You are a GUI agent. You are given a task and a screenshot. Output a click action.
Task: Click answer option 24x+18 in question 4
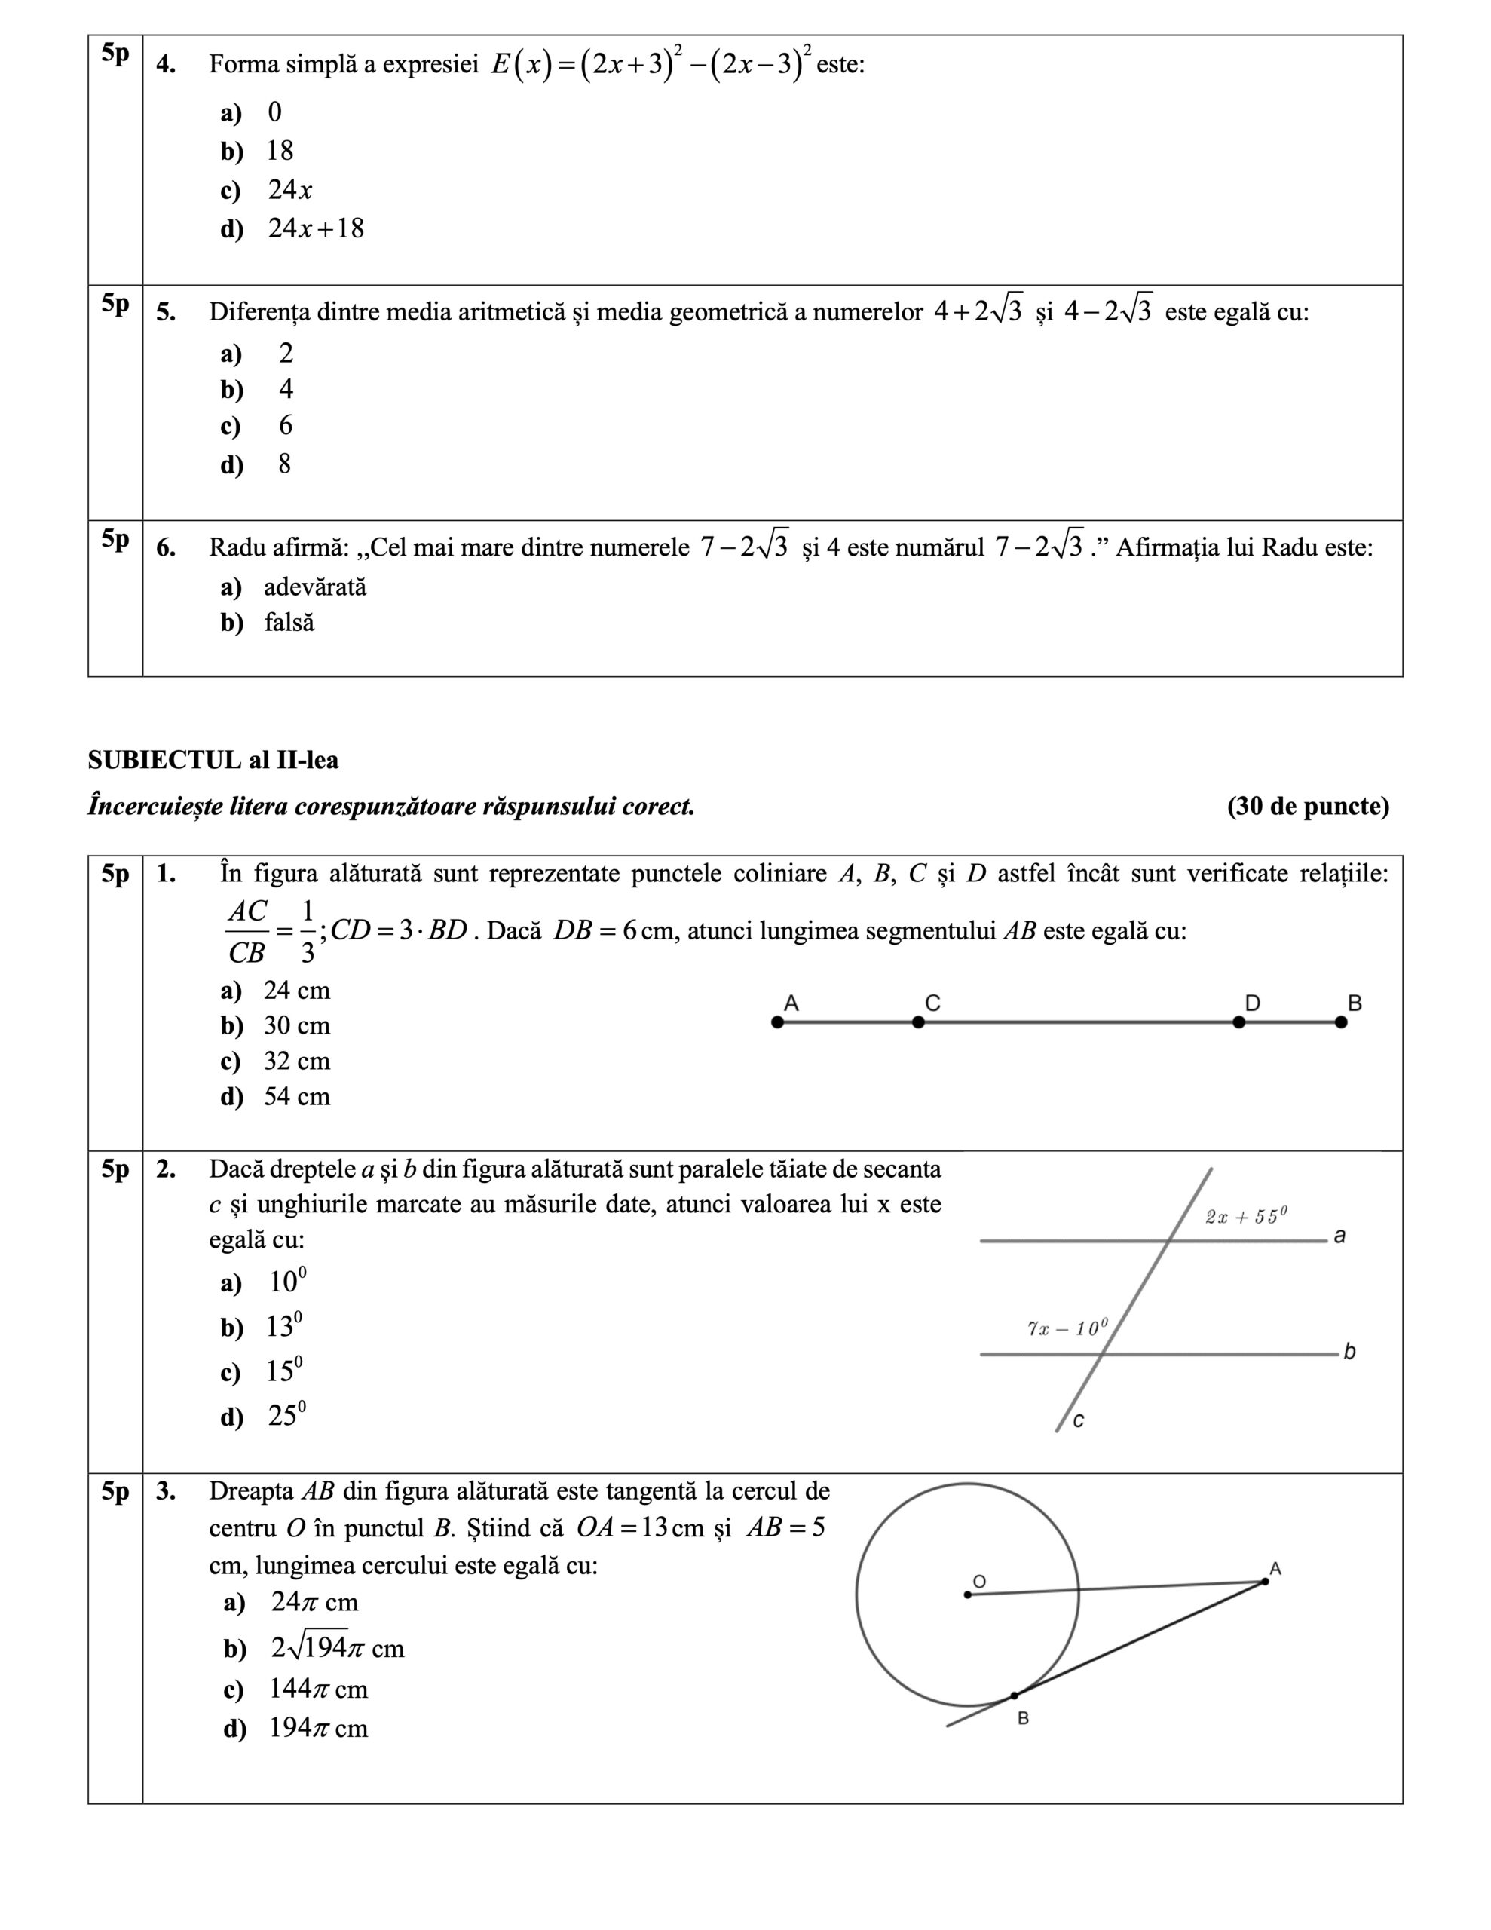[x=316, y=229]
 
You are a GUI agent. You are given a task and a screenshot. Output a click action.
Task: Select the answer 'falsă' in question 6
[x=288, y=623]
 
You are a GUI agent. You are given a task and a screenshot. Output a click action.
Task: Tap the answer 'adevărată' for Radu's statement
[x=314, y=587]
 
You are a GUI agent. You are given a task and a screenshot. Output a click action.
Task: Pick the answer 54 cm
[x=296, y=1097]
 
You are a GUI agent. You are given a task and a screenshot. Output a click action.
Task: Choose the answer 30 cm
[x=296, y=1026]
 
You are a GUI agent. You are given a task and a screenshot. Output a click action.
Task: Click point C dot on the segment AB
[x=918, y=1022]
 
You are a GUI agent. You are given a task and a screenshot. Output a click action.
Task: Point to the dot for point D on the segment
[x=1239, y=1022]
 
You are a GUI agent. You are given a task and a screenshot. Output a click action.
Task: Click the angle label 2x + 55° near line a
[x=1245, y=1217]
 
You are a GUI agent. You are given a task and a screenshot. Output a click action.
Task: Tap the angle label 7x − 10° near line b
[x=1067, y=1328]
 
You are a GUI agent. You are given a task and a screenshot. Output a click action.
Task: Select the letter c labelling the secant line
[x=1078, y=1421]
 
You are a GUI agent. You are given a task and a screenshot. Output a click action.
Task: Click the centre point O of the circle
[x=968, y=1595]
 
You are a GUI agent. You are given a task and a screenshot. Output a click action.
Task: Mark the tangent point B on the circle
[x=1015, y=1696]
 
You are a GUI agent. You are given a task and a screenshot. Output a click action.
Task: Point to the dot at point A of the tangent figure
[x=1265, y=1582]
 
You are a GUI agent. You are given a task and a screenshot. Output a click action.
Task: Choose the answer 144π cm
[x=317, y=1690]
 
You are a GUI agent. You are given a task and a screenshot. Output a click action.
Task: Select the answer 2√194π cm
[x=337, y=1648]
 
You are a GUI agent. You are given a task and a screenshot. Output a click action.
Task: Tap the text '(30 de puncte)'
[x=1308, y=807]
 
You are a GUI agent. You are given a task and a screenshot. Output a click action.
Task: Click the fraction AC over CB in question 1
[x=246, y=933]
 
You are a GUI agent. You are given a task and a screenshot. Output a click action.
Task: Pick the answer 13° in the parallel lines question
[x=283, y=1328]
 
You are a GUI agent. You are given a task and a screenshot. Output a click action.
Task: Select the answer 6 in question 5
[x=286, y=426]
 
